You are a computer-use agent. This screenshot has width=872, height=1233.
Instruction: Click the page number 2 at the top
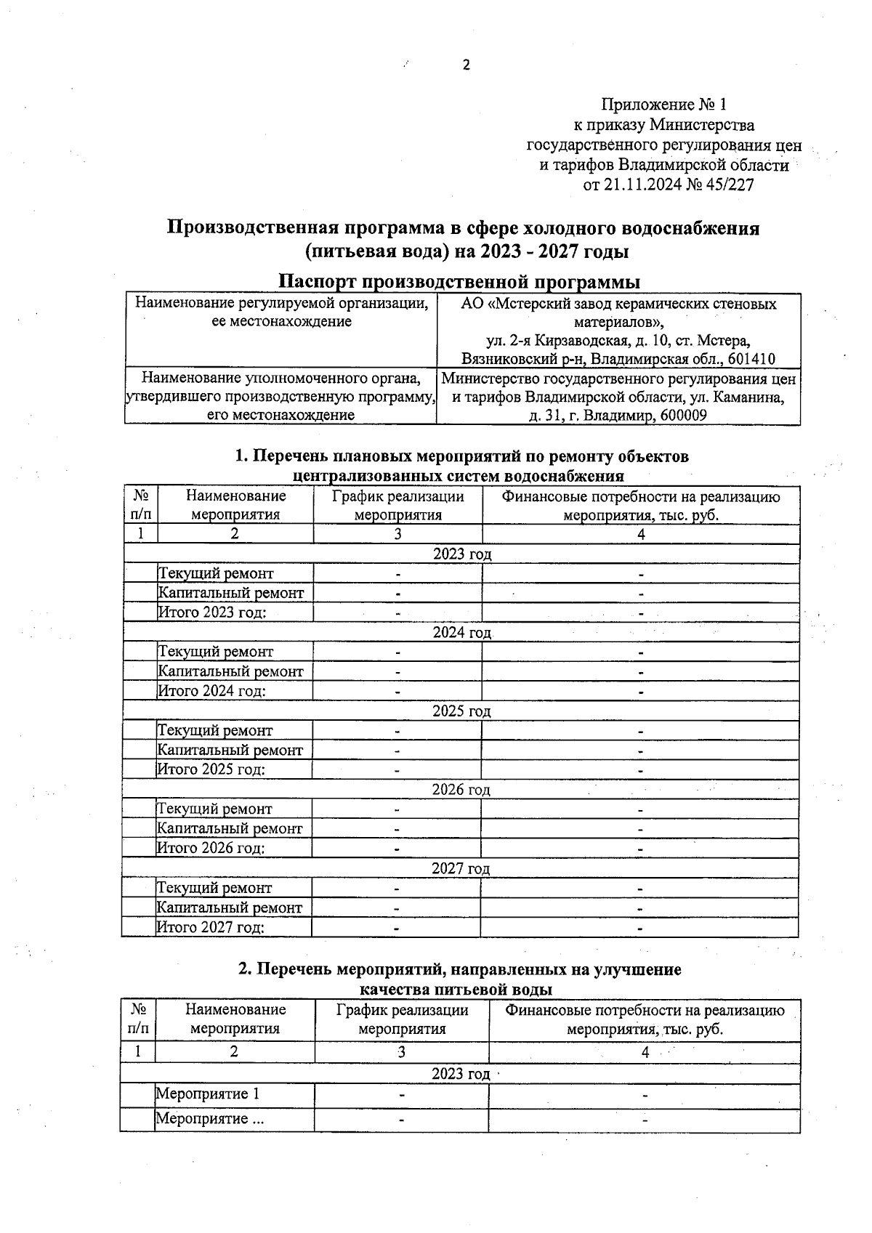pyautogui.click(x=466, y=65)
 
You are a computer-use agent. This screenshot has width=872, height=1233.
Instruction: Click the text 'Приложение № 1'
pyautogui.click(x=663, y=105)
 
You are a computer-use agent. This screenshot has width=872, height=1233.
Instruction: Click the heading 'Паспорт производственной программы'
pyautogui.click(x=461, y=281)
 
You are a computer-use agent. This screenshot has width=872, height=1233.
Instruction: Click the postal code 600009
pyautogui.click(x=682, y=416)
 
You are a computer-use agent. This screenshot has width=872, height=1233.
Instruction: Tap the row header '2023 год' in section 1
pyautogui.click(x=462, y=554)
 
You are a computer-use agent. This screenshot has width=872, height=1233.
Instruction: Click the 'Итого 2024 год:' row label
pyautogui.click(x=212, y=691)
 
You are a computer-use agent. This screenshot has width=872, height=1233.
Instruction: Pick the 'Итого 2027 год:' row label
pyautogui.click(x=211, y=927)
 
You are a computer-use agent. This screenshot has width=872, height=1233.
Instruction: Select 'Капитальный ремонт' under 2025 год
pyautogui.click(x=230, y=750)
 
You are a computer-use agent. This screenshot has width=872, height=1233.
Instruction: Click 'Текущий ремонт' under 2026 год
pyautogui.click(x=214, y=809)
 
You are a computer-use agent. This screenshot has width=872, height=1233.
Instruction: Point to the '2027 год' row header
pyautogui.click(x=461, y=869)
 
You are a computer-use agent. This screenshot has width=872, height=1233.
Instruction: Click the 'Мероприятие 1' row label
pyautogui.click(x=207, y=1094)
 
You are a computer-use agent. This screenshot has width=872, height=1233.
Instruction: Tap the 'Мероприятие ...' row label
pyautogui.click(x=209, y=1119)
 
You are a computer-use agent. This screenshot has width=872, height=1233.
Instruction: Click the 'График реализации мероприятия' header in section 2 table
pyautogui.click(x=402, y=1019)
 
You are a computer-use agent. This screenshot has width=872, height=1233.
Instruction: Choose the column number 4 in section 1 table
pyautogui.click(x=641, y=535)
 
